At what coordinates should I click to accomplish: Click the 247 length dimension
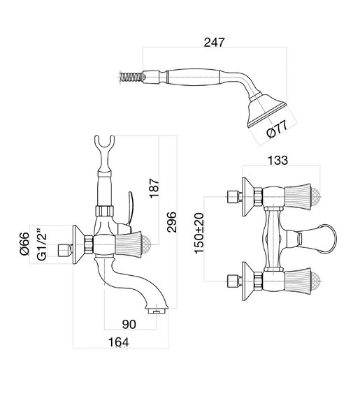click(214, 42)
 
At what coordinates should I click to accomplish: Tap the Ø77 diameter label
click(277, 129)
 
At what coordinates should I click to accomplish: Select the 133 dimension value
click(278, 161)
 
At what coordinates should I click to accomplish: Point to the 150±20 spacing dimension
click(199, 233)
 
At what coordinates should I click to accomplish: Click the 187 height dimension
click(154, 189)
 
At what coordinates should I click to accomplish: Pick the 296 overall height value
click(171, 222)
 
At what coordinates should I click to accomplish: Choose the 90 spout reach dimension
click(129, 324)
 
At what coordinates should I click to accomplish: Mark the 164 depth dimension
click(118, 342)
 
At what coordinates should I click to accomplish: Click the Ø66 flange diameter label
click(24, 244)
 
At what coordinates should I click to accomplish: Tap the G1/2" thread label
click(41, 244)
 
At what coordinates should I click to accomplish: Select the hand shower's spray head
click(266, 110)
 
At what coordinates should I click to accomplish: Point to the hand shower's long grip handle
click(194, 77)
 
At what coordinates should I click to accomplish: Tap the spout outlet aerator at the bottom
click(157, 311)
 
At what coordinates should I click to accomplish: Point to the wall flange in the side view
click(78, 244)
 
